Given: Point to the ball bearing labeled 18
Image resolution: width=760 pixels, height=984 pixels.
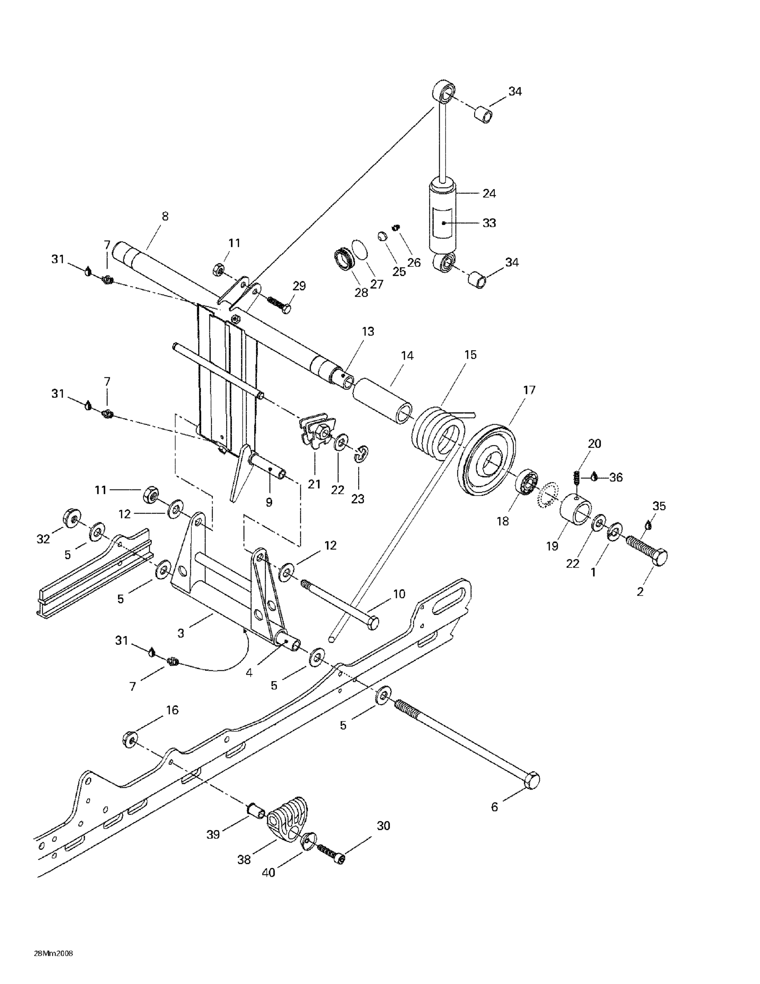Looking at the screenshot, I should click(x=526, y=482).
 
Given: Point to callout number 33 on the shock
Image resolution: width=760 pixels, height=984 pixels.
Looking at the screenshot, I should click(x=489, y=223).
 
